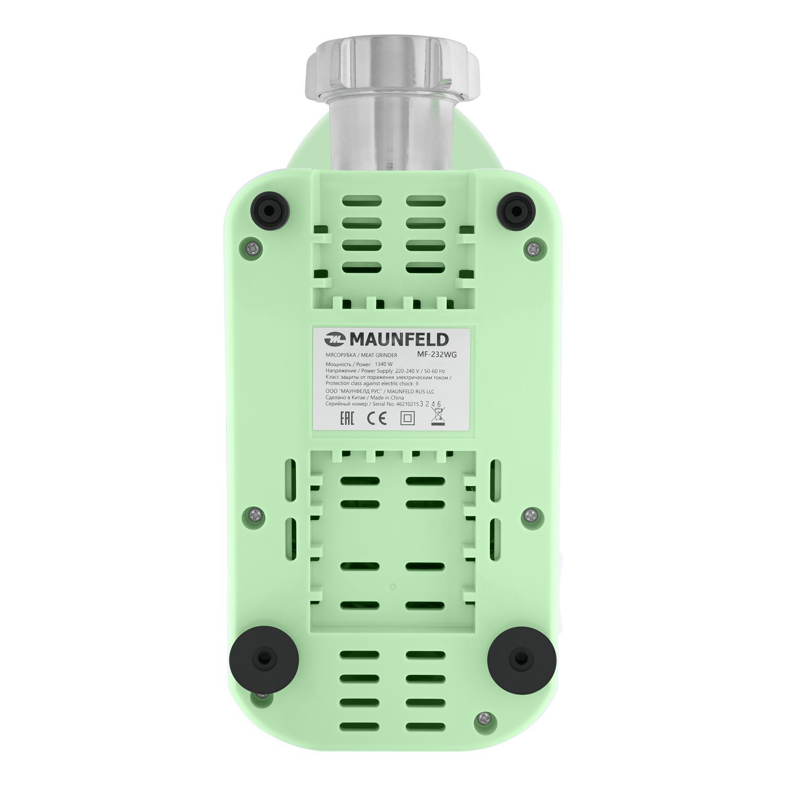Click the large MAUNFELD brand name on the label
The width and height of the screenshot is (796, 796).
pos(399,339)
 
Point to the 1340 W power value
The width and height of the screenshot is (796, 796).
pos(383,364)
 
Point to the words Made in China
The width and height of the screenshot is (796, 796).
pos(387,397)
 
